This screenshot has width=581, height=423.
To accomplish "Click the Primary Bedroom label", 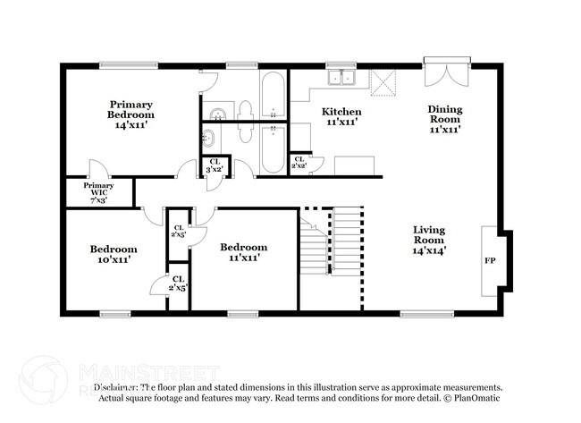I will coord(131,114).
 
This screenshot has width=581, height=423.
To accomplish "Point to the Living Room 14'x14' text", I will coord(429,240).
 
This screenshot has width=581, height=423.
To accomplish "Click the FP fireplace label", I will coord(491,262).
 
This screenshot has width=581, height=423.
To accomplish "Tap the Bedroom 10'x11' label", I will coord(113,254).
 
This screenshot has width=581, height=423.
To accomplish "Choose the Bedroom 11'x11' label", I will coord(243,252).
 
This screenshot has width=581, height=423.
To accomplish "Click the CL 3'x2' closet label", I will coord(215,165).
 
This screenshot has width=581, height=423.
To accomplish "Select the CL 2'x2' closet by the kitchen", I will coord(299,163).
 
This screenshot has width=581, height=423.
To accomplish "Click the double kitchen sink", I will coord(341,79).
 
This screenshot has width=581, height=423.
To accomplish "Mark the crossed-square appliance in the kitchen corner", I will coord(383,83).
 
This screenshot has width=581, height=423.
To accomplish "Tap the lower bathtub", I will coord(272,149).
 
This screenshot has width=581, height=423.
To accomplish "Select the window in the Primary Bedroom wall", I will coord(123,64).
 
